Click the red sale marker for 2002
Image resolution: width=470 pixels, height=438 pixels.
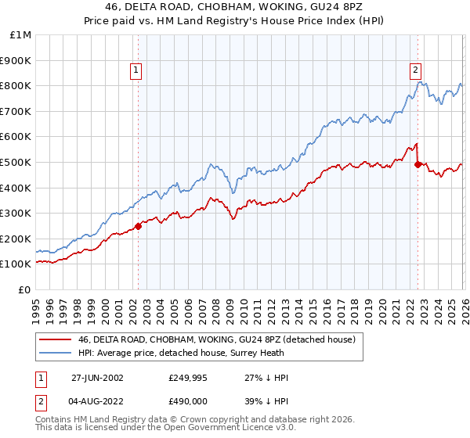[138, 226]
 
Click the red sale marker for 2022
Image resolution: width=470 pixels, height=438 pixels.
[418, 164]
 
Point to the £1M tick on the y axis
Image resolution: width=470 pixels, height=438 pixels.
[21, 34]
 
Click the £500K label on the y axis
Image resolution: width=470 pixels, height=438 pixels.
[17, 162]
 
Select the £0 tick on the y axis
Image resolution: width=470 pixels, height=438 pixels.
[25, 289]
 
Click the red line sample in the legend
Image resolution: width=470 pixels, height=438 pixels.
[56, 339]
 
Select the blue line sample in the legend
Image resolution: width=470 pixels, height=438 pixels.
[56, 353]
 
